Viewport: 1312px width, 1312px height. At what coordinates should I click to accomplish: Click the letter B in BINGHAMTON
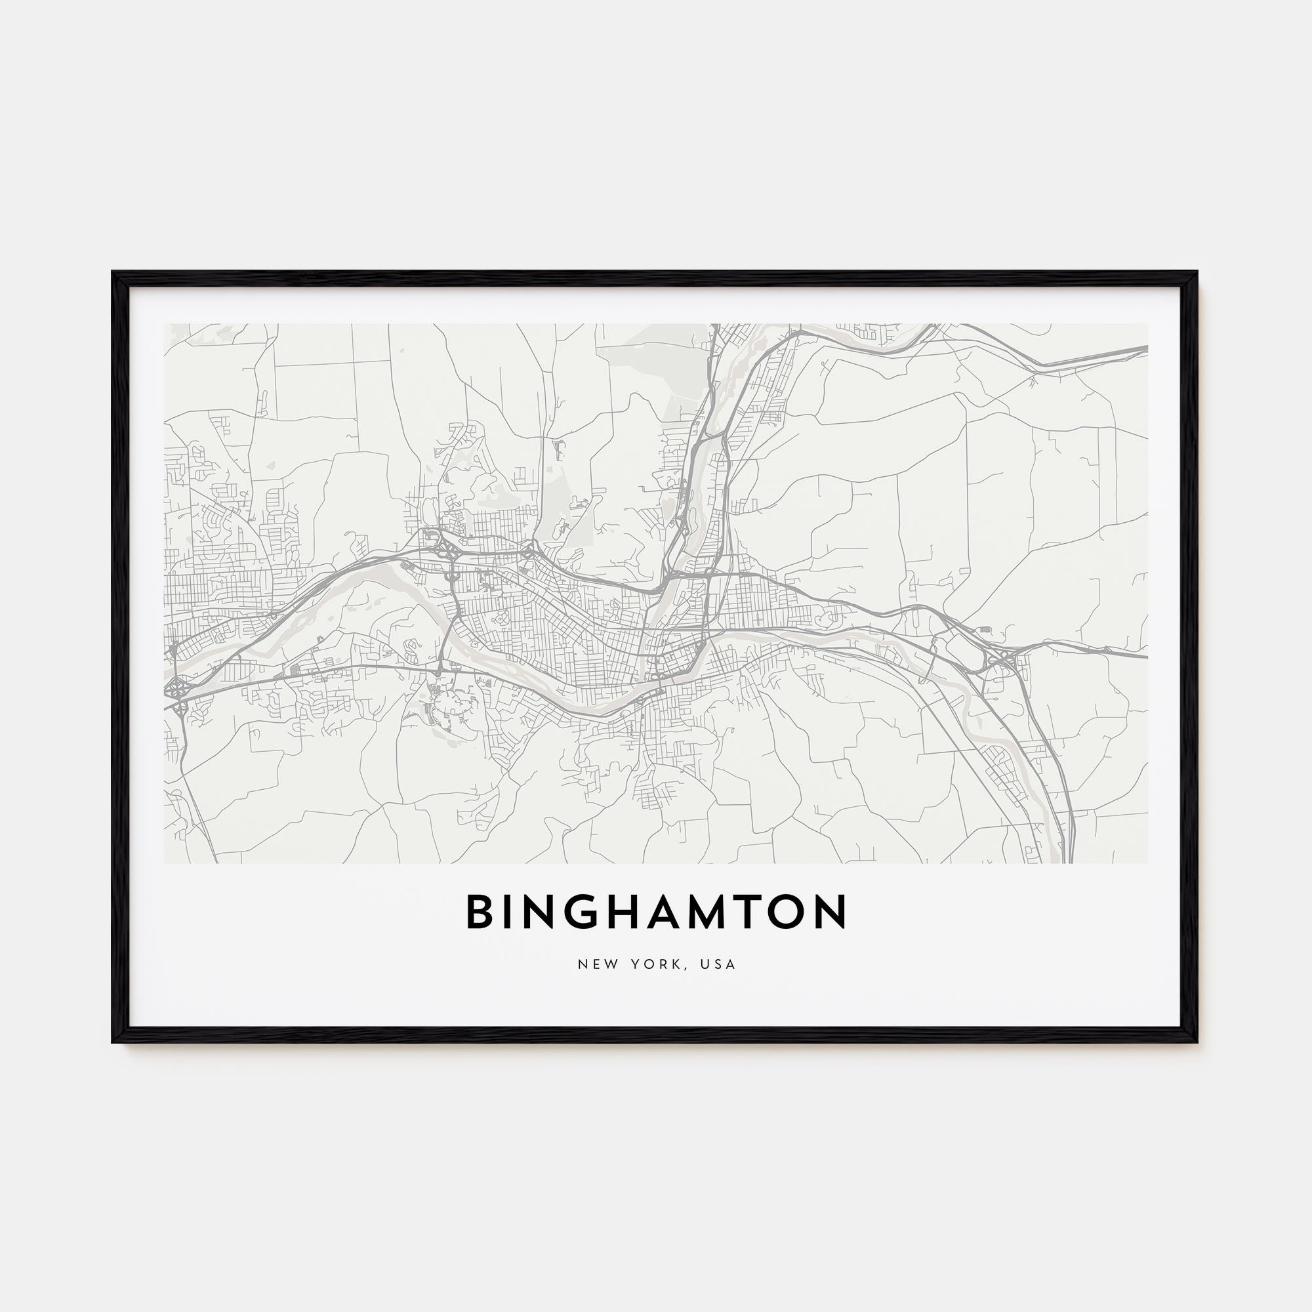coord(479,911)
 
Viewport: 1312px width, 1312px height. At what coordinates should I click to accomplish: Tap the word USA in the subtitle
coord(720,964)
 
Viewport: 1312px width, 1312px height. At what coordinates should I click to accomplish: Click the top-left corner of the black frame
coord(113,273)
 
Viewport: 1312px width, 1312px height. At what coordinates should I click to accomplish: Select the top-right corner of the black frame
coord(1197,273)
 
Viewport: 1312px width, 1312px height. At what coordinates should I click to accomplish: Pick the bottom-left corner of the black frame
coord(113,1042)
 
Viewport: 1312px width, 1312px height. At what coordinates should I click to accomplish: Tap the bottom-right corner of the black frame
coord(1197,1042)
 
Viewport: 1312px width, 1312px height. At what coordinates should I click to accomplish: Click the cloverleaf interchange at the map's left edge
coord(176,689)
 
